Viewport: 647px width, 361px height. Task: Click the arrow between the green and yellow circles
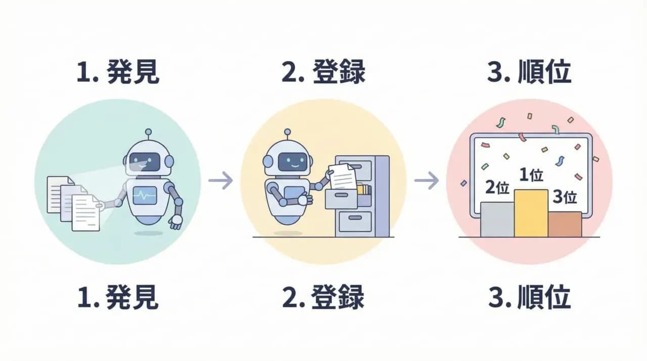[x=220, y=180]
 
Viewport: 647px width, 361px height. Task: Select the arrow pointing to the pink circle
[x=426, y=180]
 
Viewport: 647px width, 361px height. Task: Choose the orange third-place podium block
[x=565, y=224]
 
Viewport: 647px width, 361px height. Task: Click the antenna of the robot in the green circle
[x=148, y=134]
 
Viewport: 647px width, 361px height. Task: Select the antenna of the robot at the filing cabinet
[x=287, y=134]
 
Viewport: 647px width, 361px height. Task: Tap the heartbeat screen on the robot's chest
[x=144, y=195]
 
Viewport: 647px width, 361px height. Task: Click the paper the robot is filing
[x=343, y=174]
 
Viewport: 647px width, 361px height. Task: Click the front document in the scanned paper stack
[x=85, y=213]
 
